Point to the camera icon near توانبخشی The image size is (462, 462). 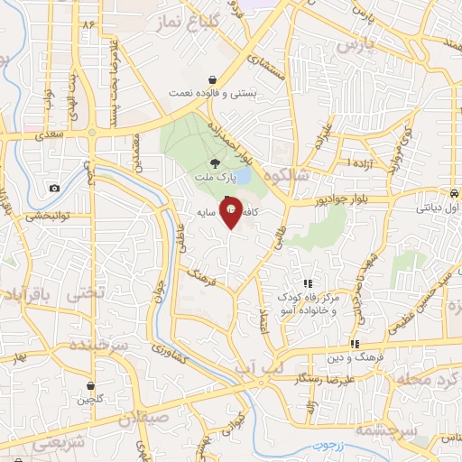pyautogui.click(x=55, y=188)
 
